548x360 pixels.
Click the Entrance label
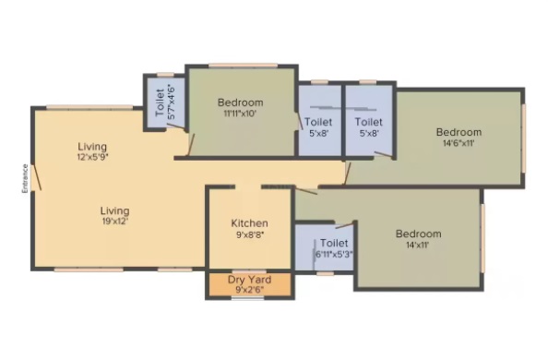pyautogui.click(x=25, y=178)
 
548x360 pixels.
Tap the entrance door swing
pyautogui.click(x=36, y=178)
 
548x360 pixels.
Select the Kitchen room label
pyautogui.click(x=249, y=223)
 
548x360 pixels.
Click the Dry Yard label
pyautogui.click(x=249, y=280)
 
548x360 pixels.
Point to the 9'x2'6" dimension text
pyautogui.click(x=249, y=290)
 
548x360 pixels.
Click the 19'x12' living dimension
pyautogui.click(x=115, y=222)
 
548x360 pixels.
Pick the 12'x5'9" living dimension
pyautogui.click(x=92, y=157)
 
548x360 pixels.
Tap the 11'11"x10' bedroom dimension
pyautogui.click(x=241, y=114)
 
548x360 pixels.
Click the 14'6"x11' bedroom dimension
pyautogui.click(x=459, y=143)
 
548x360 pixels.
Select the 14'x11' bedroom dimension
pyautogui.click(x=418, y=245)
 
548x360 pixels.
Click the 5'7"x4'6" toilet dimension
pyautogui.click(x=172, y=102)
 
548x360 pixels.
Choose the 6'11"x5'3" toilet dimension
pyautogui.click(x=334, y=255)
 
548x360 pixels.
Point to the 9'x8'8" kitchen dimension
pyautogui.click(x=250, y=234)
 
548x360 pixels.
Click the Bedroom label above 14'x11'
pyautogui.click(x=418, y=234)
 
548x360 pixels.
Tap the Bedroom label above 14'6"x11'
pyautogui.click(x=459, y=132)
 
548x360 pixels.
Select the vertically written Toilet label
pyautogui.click(x=161, y=102)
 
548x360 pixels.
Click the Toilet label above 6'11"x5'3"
pyautogui.click(x=334, y=243)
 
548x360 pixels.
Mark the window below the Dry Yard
pyautogui.click(x=248, y=298)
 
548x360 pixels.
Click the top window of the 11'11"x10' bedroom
pyautogui.click(x=244, y=65)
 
